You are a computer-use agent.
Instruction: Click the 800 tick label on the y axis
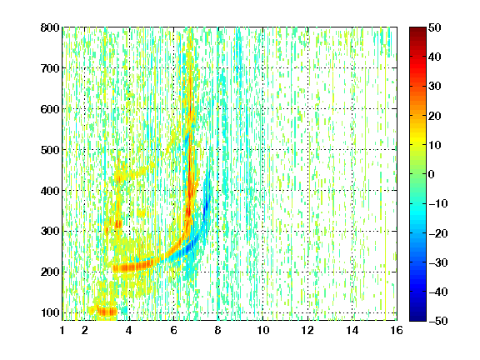pos(50,27)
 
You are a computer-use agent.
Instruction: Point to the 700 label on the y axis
pos(50,68)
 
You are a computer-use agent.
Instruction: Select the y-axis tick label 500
pos(50,150)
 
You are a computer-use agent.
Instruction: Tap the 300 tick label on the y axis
pos(50,231)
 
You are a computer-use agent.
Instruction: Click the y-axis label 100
pos(50,312)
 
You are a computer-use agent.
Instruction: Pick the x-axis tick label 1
pos(62,330)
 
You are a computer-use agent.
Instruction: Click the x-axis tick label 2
pos(85,330)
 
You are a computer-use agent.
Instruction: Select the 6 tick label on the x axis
pos(173,330)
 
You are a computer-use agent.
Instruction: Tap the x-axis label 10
pos(262,330)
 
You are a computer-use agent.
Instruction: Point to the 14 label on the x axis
pos(352,330)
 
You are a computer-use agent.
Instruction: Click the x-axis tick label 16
pos(397,330)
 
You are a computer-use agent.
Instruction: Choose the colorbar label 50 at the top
pos(434,27)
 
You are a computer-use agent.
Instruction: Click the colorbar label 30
pos(434,87)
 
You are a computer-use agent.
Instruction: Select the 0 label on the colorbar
pos(432,174)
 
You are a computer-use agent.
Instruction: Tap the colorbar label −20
pos(438,233)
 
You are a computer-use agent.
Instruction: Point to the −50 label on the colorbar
pos(438,321)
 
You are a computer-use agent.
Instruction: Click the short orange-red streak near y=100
pos(107,312)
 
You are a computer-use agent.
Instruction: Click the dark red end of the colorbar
pos(417,31)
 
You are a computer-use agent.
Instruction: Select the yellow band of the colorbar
pos(417,141)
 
